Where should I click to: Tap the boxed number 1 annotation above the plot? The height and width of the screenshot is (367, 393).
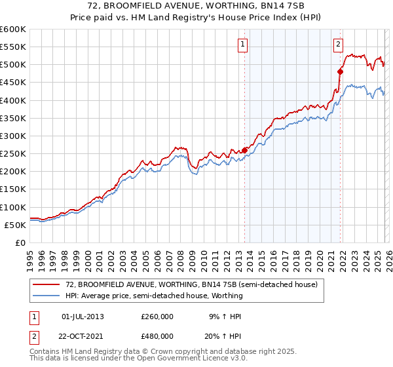point(242,45)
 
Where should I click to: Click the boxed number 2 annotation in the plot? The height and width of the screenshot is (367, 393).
point(338,45)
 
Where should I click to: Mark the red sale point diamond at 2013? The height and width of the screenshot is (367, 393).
point(244,150)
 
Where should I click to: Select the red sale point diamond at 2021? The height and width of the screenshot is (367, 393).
point(340,71)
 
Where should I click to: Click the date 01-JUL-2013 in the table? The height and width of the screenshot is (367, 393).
point(83,316)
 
